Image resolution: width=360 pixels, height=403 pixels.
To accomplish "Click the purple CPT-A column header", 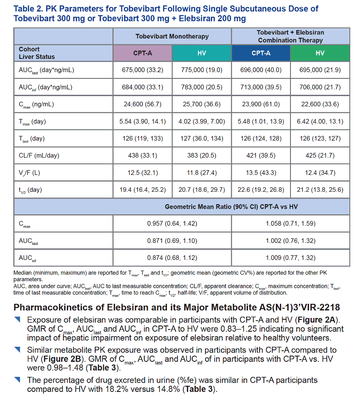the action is pyautogui.click(x=143, y=53).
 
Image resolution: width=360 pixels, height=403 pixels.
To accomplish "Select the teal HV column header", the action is pyautogui.click(x=202, y=53).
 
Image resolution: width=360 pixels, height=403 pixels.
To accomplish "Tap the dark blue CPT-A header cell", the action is pyautogui.click(x=261, y=53).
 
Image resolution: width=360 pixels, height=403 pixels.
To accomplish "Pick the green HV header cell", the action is pyautogui.click(x=320, y=53).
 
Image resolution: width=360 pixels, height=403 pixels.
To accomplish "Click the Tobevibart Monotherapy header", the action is pyautogui.click(x=172, y=36).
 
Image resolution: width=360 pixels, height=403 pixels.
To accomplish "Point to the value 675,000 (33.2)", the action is pyautogui.click(x=143, y=70).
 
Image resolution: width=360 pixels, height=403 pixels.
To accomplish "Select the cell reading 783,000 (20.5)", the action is pyautogui.click(x=202, y=87).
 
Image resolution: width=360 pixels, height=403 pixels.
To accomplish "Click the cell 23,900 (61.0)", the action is pyautogui.click(x=261, y=104).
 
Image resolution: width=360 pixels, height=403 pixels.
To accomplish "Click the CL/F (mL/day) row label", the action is pyautogui.click(x=39, y=155).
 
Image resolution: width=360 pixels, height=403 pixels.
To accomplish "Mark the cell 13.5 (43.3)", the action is pyautogui.click(x=261, y=173).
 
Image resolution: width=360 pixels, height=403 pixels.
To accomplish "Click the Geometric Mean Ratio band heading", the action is pyautogui.click(x=231, y=207).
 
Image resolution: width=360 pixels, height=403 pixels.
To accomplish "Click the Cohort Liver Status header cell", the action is pyautogui.click(x=37, y=53).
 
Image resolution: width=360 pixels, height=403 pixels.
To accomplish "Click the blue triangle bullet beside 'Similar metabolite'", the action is pyautogui.click(x=17, y=349).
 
